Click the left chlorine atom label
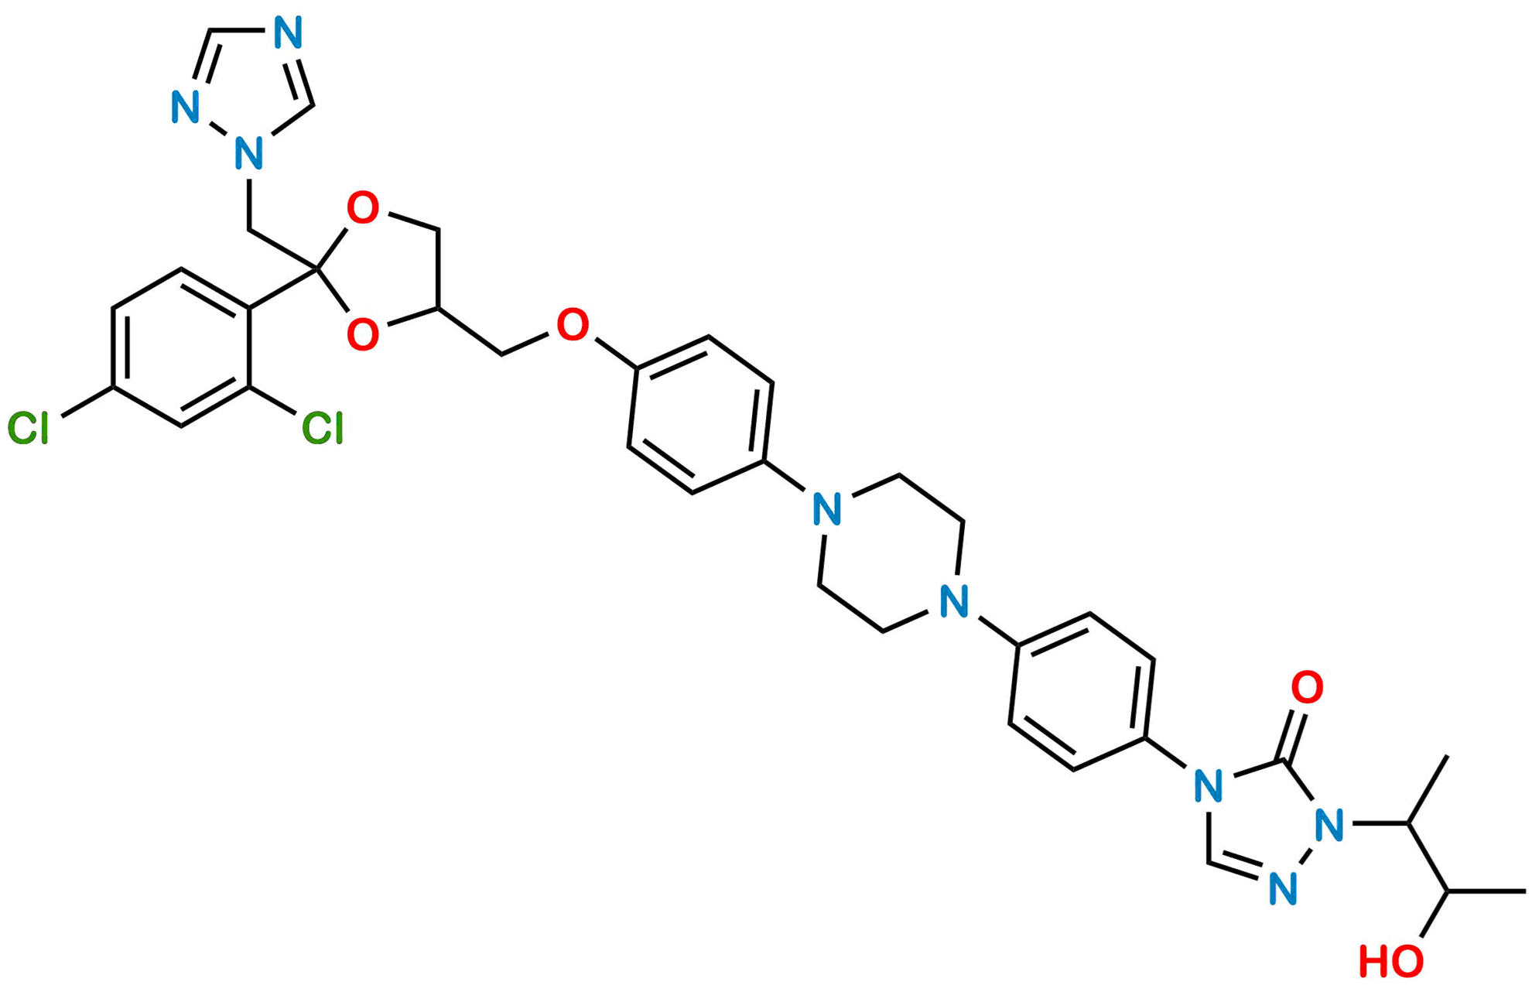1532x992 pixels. pos(29,428)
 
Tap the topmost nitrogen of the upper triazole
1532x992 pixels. pos(288,33)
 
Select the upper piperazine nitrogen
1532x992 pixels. pos(826,511)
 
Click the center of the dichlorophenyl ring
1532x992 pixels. pos(181,348)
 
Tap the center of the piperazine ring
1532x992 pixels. pos(890,556)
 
